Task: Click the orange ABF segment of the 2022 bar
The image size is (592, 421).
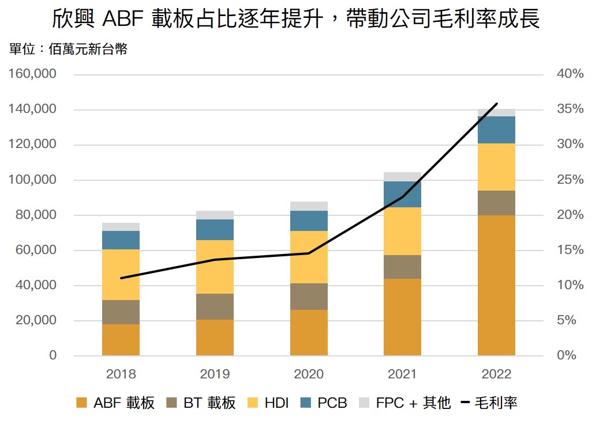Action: point(496,285)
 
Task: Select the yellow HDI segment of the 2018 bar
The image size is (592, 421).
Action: point(121,274)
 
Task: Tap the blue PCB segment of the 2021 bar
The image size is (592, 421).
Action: point(402,194)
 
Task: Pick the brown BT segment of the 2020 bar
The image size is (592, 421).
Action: point(309,296)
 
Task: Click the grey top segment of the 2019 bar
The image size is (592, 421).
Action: point(215,215)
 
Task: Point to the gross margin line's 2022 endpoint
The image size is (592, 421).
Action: point(497,104)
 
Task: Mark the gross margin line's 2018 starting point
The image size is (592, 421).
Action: point(121,278)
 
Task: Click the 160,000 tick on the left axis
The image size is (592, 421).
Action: point(32,74)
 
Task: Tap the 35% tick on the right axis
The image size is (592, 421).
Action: point(570,109)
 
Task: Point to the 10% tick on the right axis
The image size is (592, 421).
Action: point(570,285)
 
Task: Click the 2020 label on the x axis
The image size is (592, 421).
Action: point(309,374)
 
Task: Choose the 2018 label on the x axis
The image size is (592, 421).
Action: point(121,374)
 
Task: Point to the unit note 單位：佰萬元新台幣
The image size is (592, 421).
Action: point(68,49)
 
